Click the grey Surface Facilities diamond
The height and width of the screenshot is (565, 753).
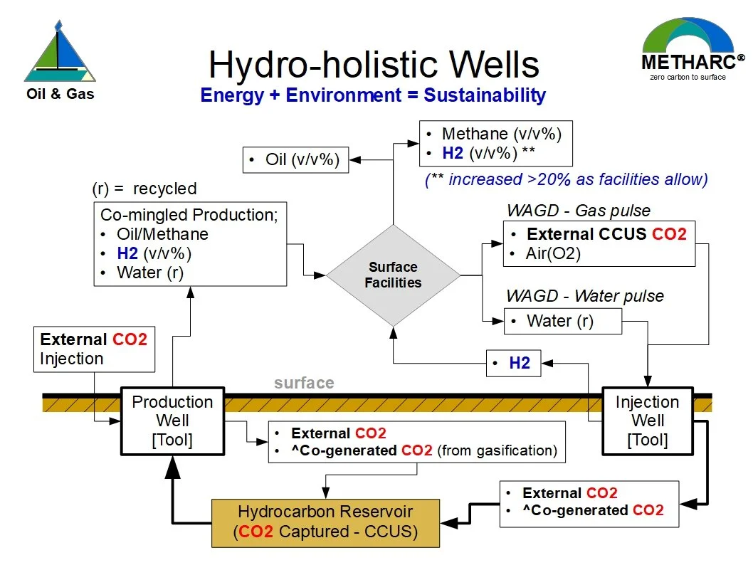[393, 275]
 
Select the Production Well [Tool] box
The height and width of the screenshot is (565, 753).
[172, 421]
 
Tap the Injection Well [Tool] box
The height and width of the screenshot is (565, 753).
[647, 421]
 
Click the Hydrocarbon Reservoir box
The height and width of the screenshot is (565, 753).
[325, 522]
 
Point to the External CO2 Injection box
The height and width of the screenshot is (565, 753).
[94, 349]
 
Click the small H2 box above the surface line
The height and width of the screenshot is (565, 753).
[513, 363]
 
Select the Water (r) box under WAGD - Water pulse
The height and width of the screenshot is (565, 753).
[562, 321]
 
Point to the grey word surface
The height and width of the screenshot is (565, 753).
[304, 383]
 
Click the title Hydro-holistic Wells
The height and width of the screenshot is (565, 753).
[374, 65]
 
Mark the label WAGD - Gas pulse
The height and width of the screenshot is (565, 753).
[578, 211]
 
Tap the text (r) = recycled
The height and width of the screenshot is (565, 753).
[144, 189]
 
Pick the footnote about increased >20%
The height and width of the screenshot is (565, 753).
[566, 179]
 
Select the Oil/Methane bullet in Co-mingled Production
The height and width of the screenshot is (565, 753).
[162, 234]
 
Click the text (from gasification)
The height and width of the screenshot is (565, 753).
[497, 450]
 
